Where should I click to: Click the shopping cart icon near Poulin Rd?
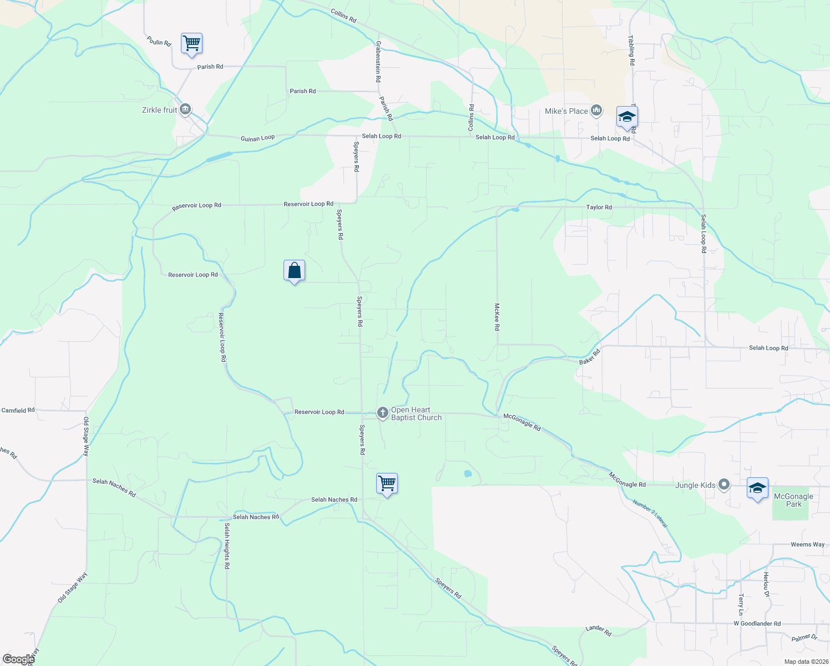click(x=191, y=43)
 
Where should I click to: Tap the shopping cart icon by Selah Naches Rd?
click(x=387, y=483)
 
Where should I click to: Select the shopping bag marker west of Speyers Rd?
click(x=294, y=271)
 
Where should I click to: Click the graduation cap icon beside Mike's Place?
click(x=627, y=117)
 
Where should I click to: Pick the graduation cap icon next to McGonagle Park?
click(x=757, y=488)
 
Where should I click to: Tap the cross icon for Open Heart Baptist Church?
click(x=382, y=413)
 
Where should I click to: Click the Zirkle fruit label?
click(x=160, y=110)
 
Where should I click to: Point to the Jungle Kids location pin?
click(x=724, y=485)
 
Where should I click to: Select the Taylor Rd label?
click(x=599, y=207)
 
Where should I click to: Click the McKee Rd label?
click(x=497, y=317)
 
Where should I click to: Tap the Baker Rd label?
click(x=590, y=357)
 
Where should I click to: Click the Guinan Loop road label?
click(x=257, y=138)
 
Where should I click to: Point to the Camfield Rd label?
click(x=18, y=411)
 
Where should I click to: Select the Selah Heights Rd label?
click(x=227, y=546)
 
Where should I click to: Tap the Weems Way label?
click(x=807, y=544)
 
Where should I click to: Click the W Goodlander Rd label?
click(x=757, y=624)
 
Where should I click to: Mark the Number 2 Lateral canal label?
click(x=650, y=513)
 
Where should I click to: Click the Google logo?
click(x=18, y=659)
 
